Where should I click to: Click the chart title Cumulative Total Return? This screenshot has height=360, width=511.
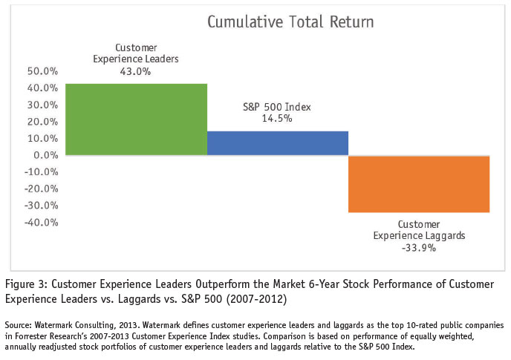coord(290,22)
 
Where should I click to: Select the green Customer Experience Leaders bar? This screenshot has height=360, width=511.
coord(136,119)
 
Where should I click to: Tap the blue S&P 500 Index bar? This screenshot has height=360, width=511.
coord(277,143)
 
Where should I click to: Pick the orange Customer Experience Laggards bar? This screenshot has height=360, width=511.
coord(419,183)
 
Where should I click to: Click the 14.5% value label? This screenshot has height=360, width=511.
coord(276,118)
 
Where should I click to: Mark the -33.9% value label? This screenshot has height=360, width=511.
coord(420,248)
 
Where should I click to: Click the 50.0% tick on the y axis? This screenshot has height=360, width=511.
coord(42,72)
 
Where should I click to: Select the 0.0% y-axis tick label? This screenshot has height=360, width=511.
coord(45,155)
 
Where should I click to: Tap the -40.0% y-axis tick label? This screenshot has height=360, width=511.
coord(41,222)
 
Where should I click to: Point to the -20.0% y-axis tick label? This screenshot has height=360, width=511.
coord(41,189)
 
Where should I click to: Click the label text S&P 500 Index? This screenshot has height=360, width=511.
coord(277,107)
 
